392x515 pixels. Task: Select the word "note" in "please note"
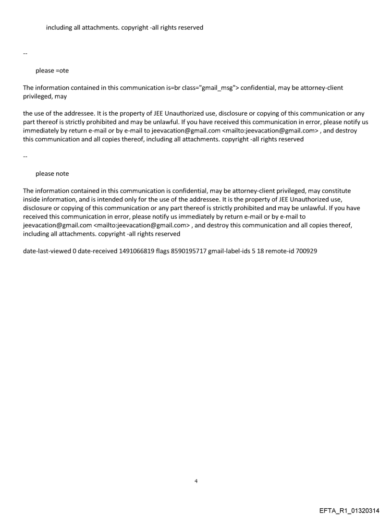(61, 173)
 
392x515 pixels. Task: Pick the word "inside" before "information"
(32, 199)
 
